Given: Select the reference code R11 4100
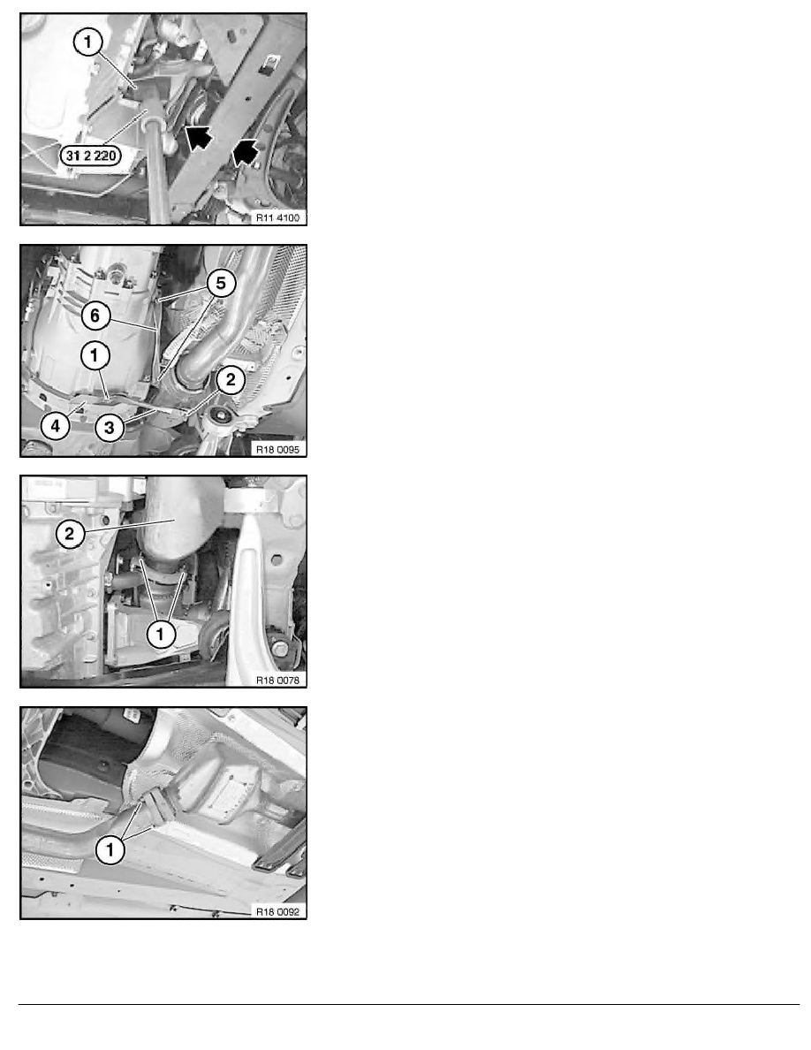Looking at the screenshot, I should [276, 217].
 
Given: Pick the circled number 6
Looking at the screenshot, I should [93, 315].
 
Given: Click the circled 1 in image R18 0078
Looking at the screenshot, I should [161, 633].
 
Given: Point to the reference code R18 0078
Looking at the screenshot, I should [276, 680].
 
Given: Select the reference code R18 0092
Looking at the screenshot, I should [276, 910].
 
